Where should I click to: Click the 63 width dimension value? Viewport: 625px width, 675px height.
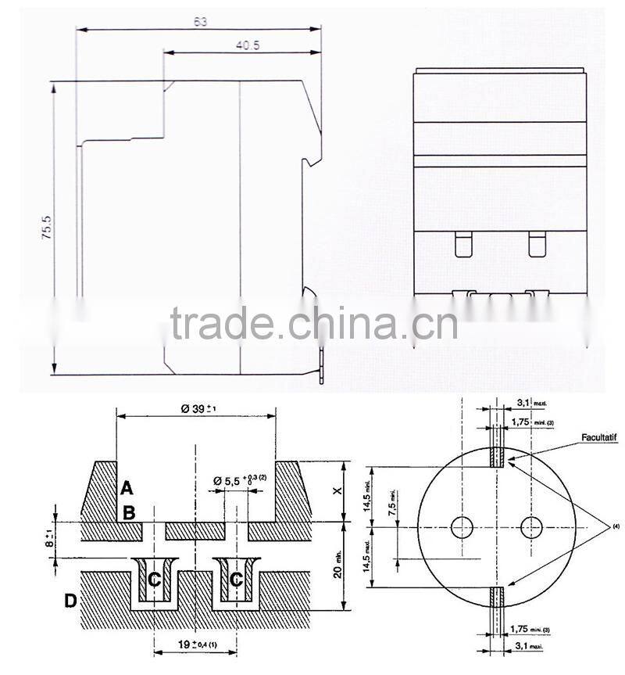point(201,22)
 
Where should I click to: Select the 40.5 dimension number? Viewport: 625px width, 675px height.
point(248,45)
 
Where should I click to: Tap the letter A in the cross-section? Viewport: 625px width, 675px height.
point(127,489)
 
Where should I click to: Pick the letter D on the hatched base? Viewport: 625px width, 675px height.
point(71,601)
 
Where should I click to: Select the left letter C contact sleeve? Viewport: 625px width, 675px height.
point(154,579)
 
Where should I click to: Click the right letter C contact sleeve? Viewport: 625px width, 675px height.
point(236,579)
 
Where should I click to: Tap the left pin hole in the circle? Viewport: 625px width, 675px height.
point(462,526)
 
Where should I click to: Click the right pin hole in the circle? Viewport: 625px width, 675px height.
point(531,526)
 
